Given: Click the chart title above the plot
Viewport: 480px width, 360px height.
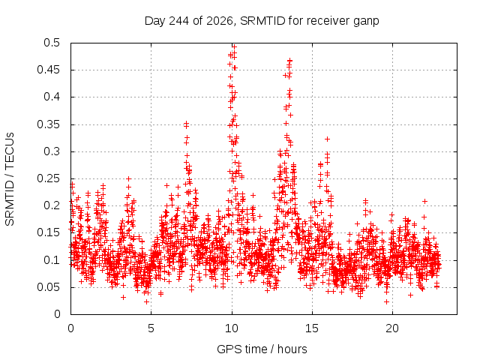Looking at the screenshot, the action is pos(262,21).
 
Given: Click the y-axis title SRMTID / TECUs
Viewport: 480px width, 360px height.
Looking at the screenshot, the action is pos(10,179).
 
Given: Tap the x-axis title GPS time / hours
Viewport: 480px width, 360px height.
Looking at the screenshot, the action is pos(262,349).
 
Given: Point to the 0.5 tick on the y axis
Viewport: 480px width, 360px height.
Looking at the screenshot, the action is pos(52,43).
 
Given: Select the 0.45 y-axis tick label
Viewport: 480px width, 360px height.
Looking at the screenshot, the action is pos(48,70).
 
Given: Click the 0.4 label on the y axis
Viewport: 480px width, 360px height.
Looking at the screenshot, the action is pos(52,97).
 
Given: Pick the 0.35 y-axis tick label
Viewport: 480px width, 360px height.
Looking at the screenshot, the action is pos(48,124).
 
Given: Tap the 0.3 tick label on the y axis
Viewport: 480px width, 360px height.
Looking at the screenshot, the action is pos(52,151).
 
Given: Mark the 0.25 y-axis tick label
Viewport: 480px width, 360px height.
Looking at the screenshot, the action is pos(48,178).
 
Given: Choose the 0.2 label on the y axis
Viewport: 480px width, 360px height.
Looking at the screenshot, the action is pos(52,205).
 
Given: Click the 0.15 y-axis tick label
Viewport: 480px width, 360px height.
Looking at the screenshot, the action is pos(48,232).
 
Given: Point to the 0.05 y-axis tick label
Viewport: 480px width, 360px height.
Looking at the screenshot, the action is pos(48,287).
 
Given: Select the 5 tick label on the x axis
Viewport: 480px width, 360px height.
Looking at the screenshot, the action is pos(151,328).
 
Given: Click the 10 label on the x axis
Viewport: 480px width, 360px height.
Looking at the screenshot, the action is pos(232,328).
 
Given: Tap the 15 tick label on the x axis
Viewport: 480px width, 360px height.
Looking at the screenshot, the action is pos(312,328).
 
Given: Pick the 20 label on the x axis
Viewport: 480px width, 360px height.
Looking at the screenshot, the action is pos(392,328).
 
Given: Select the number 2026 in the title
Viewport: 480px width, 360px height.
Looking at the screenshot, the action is pos(220,21).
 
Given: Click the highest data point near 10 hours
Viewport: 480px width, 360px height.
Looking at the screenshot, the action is pos(235,46).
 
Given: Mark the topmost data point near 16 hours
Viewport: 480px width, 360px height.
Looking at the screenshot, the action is pos(327,139).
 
